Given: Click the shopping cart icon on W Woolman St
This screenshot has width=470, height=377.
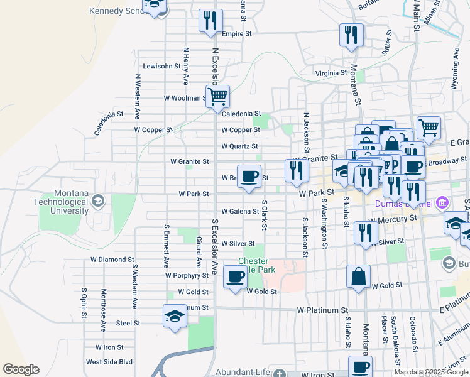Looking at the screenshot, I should point(217,97).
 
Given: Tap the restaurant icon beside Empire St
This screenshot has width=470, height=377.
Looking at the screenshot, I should point(210,21).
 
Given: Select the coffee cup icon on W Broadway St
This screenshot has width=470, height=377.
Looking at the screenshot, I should point(249,176).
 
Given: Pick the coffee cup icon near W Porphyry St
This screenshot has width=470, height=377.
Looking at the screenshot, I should point(235,276).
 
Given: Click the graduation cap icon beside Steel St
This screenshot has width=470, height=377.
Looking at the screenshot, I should point(175,316).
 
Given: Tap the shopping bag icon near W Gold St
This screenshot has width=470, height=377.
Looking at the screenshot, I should point(358,276).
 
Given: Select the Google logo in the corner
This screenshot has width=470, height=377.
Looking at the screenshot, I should point(21,369).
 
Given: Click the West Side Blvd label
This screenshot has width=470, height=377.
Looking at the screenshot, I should point(109,362).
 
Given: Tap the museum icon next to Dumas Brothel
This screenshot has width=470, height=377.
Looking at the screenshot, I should point(441,203).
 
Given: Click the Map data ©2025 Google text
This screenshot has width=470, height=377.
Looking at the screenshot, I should point(431,372).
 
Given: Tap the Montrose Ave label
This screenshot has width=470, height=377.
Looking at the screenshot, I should point(104,310).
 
